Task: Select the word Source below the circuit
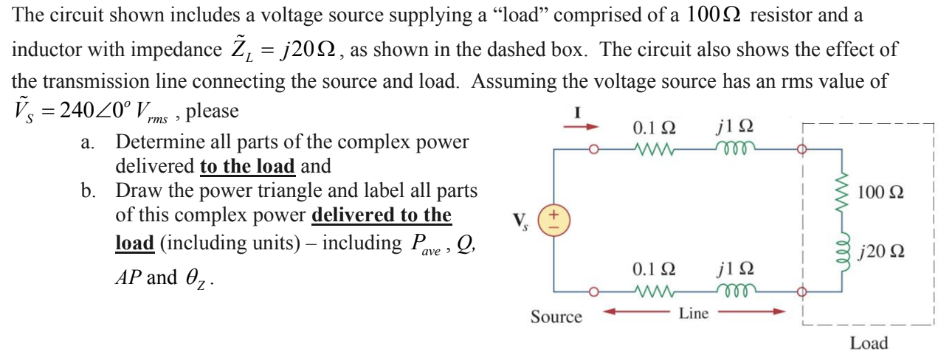(x=556, y=317)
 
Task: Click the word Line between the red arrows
(x=694, y=314)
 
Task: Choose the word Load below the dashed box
(x=869, y=343)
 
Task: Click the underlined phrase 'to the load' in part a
(x=248, y=166)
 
